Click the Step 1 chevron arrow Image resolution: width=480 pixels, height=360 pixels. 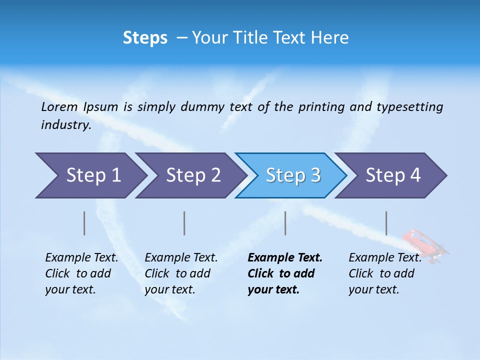pyautogui.click(x=90, y=175)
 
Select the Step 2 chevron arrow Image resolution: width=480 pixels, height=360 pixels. pyautogui.click(x=190, y=175)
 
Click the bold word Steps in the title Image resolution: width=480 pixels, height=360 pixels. pyautogui.click(x=145, y=38)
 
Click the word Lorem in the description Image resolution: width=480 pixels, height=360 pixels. pyautogui.click(x=59, y=106)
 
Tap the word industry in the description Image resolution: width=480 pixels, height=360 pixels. pyautogui.click(x=65, y=125)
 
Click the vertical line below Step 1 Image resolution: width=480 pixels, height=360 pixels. pyautogui.click(x=84, y=223)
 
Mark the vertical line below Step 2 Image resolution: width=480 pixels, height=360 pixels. pyautogui.click(x=184, y=223)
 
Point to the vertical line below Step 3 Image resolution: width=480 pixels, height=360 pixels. pyautogui.click(x=285, y=223)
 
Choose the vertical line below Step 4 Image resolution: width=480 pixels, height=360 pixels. pyautogui.click(x=386, y=223)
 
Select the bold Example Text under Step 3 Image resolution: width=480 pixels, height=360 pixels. pyautogui.click(x=285, y=273)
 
